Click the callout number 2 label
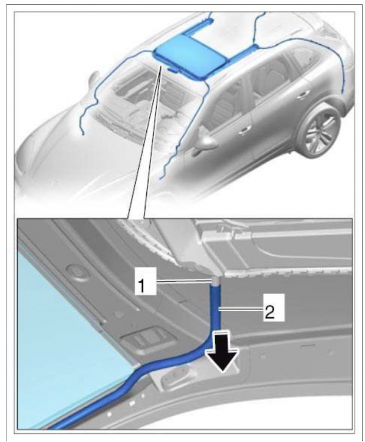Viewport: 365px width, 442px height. (269, 308)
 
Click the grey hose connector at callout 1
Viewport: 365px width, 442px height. (215, 281)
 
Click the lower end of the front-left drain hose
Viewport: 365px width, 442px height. (83, 134)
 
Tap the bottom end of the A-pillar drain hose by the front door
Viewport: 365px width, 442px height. (160, 178)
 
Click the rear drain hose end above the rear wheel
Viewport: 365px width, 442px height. (343, 91)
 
